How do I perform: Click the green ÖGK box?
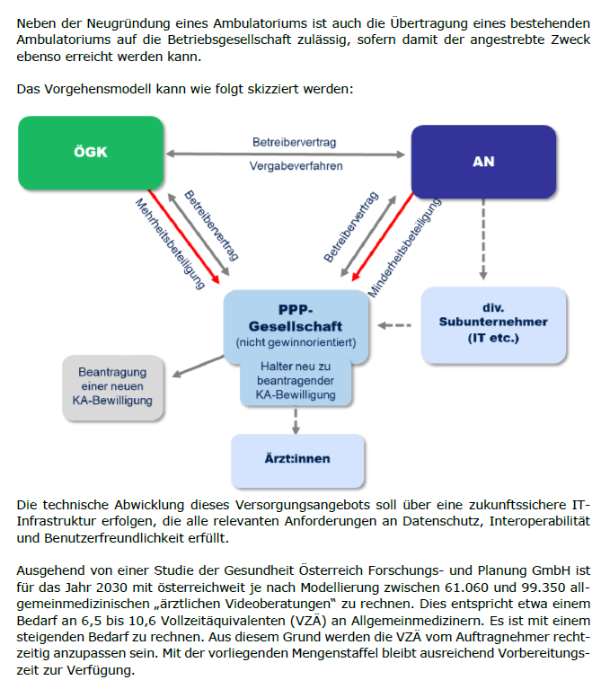pos(91,153)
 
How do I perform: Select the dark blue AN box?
pos(483,162)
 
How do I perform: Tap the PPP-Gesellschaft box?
pos(296,326)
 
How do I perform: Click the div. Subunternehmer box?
pos(493,324)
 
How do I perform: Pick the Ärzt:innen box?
pos(297,460)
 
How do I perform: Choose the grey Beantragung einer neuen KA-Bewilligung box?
pos(113,386)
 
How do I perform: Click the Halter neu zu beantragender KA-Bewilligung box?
pos(296,381)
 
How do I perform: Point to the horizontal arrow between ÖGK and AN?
pos(285,155)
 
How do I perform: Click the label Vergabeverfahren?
pos(296,166)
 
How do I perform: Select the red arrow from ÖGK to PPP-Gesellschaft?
pos(183,236)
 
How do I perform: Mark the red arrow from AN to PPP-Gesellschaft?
pos(383,236)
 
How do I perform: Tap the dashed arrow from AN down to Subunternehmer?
pos(483,239)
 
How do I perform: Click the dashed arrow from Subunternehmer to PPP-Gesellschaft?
pos(394,325)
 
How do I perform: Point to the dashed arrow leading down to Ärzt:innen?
pos(296,420)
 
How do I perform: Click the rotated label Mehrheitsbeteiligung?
pos(170,243)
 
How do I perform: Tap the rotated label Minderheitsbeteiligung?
pos(404,247)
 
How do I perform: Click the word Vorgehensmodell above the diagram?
pos(98,89)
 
